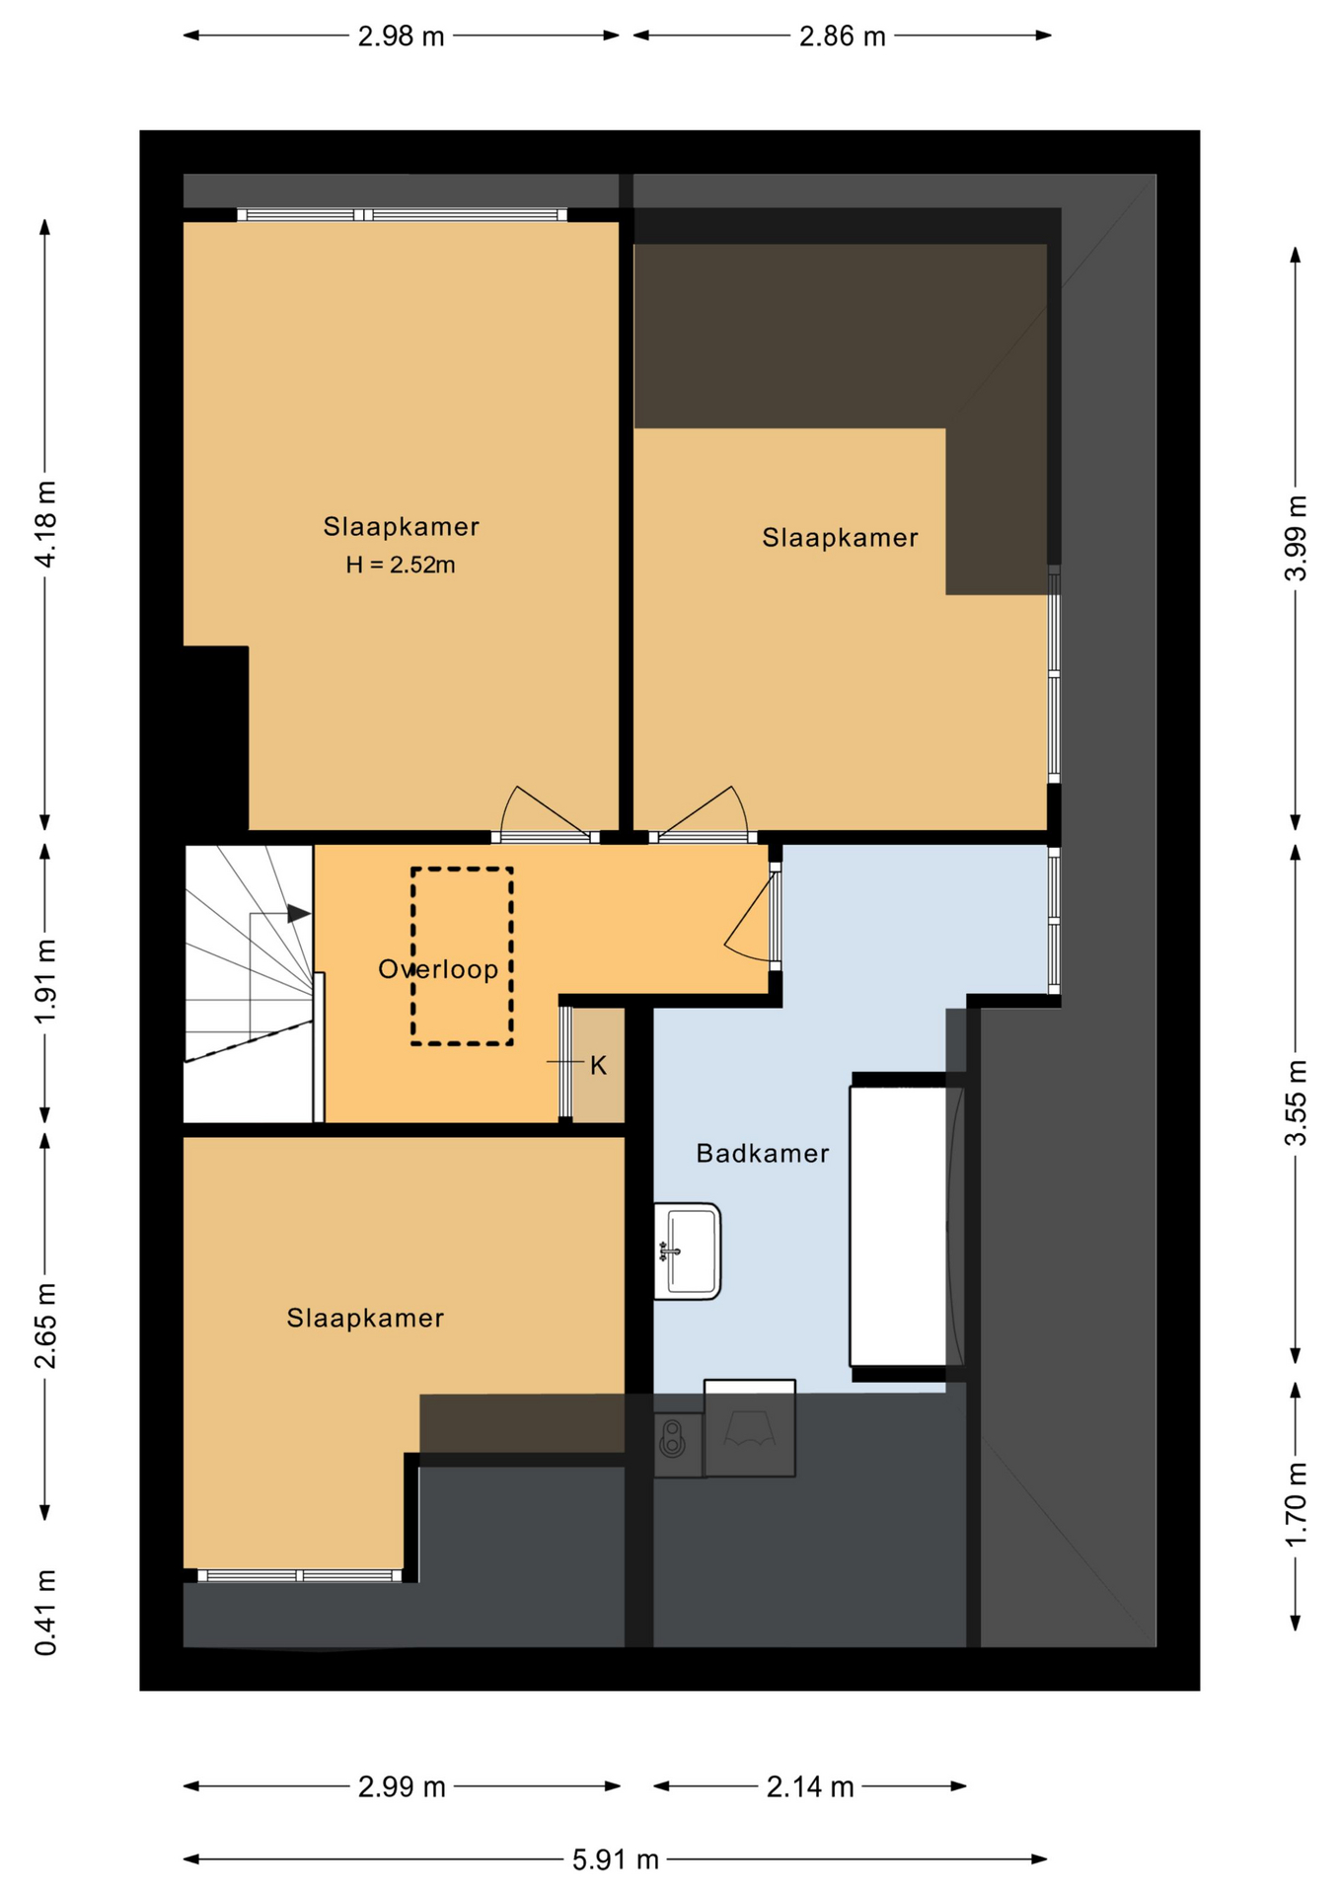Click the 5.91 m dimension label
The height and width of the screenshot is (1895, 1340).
click(x=616, y=1859)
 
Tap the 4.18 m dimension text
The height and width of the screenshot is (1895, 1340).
click(x=45, y=524)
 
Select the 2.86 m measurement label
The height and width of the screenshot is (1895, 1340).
click(x=842, y=37)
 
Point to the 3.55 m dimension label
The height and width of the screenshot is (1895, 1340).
click(x=1296, y=1102)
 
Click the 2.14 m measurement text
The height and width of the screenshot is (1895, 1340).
click(x=810, y=1786)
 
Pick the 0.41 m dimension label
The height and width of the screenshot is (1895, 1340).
click(x=45, y=1612)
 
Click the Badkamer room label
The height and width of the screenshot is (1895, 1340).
click(x=763, y=1153)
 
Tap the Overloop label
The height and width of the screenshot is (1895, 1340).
click(x=438, y=969)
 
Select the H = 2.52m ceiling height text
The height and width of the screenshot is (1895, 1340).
click(x=401, y=565)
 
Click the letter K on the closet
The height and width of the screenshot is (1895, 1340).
click(x=598, y=1066)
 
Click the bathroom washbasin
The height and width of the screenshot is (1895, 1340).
click(x=688, y=1251)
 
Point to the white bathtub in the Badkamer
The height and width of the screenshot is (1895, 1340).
click(x=899, y=1226)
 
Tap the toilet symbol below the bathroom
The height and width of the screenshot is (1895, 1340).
click(x=673, y=1439)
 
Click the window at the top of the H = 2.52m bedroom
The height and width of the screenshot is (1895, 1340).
click(x=402, y=215)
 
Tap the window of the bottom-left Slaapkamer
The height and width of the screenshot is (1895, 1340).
click(x=300, y=1576)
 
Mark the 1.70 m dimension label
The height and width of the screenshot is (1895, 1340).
click(x=1296, y=1505)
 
